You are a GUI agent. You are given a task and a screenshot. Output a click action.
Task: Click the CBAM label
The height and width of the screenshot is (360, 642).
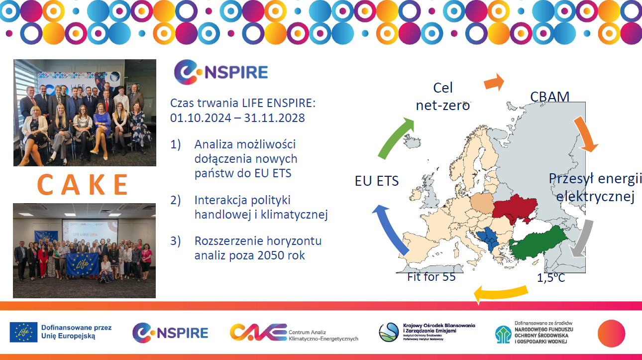pyautogui.click(x=550, y=97)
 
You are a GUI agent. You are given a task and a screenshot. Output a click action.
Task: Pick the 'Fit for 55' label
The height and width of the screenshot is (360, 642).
pyautogui.click(x=431, y=277)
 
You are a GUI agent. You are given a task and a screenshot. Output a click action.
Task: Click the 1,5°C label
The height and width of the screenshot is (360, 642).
pyautogui.click(x=551, y=277)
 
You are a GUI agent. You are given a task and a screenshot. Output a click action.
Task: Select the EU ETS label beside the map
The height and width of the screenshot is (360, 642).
pyautogui.click(x=377, y=181)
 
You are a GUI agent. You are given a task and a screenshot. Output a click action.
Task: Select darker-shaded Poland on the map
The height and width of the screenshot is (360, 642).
pyautogui.click(x=482, y=203)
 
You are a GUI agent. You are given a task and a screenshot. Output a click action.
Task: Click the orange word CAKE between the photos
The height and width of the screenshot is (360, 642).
pyautogui.click(x=83, y=185)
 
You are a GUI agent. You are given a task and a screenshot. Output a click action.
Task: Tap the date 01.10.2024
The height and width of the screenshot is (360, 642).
pyautogui.click(x=201, y=118)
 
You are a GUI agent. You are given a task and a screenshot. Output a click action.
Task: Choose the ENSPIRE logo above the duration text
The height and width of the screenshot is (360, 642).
pyautogui.click(x=220, y=72)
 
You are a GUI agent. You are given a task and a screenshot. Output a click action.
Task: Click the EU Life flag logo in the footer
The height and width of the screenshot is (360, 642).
pyautogui.click(x=23, y=332)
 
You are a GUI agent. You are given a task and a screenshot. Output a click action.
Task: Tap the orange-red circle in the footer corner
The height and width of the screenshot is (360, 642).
pyautogui.click(x=611, y=334)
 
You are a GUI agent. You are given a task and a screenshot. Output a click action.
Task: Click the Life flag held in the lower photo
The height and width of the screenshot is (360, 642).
pyautogui.click(x=82, y=264)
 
